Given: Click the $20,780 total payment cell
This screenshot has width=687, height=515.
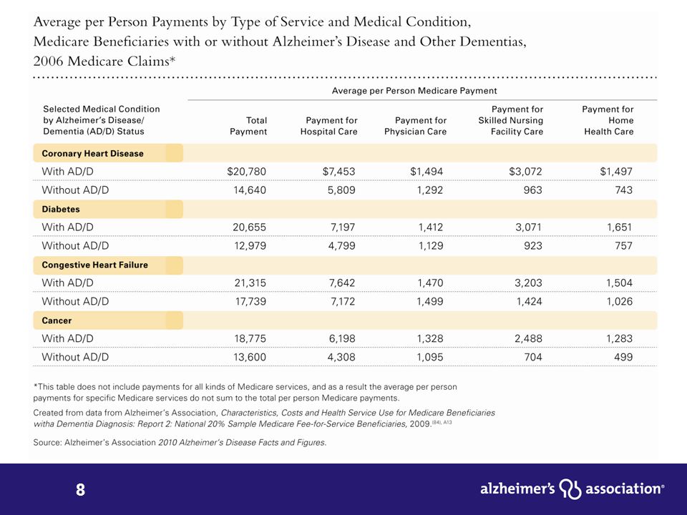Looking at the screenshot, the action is (x=246, y=172).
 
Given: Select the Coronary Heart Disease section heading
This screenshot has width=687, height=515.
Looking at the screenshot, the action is (x=92, y=154).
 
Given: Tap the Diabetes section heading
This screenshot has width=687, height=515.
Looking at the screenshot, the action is (x=60, y=210).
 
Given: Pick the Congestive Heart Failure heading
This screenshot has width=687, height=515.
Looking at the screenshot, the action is (x=94, y=265).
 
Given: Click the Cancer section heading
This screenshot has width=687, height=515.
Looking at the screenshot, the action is (x=57, y=320).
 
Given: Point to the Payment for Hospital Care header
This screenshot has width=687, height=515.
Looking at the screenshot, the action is (x=329, y=126).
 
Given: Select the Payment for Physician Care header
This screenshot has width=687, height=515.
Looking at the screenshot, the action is (x=415, y=126).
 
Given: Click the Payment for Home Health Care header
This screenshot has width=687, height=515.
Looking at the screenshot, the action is (x=608, y=120).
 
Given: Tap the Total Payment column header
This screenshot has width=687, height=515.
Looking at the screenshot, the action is (x=248, y=126).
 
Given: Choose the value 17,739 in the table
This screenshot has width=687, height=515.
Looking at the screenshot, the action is (x=250, y=301).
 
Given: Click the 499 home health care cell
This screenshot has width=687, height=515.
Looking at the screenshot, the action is (x=623, y=358).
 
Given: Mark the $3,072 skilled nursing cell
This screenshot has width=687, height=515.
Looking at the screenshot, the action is (x=525, y=172).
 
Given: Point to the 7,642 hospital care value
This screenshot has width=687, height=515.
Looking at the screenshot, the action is (x=342, y=283).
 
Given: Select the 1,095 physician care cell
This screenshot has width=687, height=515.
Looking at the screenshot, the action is (x=430, y=358).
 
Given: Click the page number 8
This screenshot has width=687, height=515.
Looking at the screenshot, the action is (x=81, y=489).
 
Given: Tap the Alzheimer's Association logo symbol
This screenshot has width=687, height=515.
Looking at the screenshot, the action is (x=570, y=489).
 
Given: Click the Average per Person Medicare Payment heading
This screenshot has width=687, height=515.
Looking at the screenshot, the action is (x=414, y=91).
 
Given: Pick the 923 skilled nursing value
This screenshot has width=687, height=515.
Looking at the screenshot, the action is (x=532, y=245).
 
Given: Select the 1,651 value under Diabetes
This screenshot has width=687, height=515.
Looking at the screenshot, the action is (x=619, y=227).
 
